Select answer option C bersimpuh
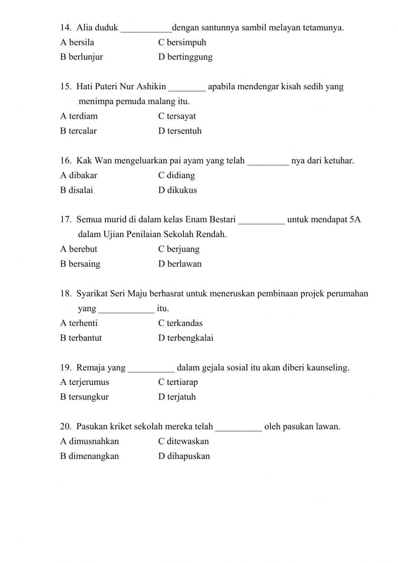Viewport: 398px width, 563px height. [x=182, y=42]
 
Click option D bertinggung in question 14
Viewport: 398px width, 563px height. [x=185, y=57]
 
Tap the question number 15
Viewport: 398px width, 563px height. [x=65, y=86]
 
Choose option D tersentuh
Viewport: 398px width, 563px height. [x=179, y=131]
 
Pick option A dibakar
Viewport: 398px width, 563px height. [x=79, y=175]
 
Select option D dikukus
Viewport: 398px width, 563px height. [x=178, y=190]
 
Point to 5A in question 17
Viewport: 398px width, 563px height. [x=355, y=220]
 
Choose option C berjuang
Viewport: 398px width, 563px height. [x=179, y=249]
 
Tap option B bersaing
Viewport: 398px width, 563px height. [x=80, y=264]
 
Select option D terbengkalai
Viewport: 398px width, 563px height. [x=185, y=338]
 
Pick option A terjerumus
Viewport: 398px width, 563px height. [x=84, y=382]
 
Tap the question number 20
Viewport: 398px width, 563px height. [x=66, y=426]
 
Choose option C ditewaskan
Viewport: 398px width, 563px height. [x=183, y=441]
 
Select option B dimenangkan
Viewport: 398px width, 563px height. [x=90, y=456]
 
